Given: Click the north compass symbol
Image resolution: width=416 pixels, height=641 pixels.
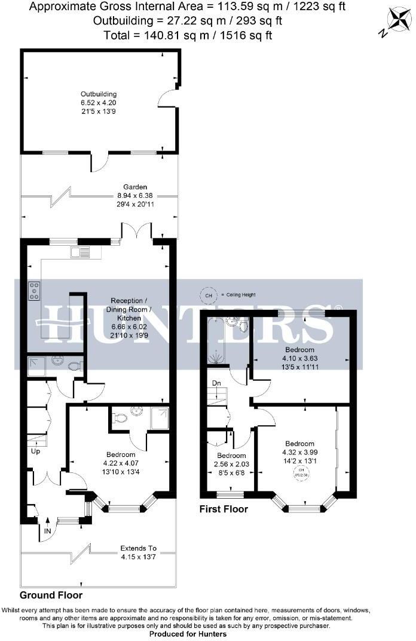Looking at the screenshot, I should click(x=394, y=20).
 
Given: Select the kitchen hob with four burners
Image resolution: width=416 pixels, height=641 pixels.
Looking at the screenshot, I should click(x=34, y=291).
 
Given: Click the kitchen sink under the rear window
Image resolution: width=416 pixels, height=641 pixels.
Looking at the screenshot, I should click(x=78, y=252).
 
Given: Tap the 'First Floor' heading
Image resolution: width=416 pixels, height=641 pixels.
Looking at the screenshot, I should click(x=224, y=509).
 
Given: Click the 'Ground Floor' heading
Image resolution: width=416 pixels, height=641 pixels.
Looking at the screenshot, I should click(x=51, y=596).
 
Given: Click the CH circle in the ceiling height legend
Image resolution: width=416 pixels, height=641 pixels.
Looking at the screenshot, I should click(x=209, y=295).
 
